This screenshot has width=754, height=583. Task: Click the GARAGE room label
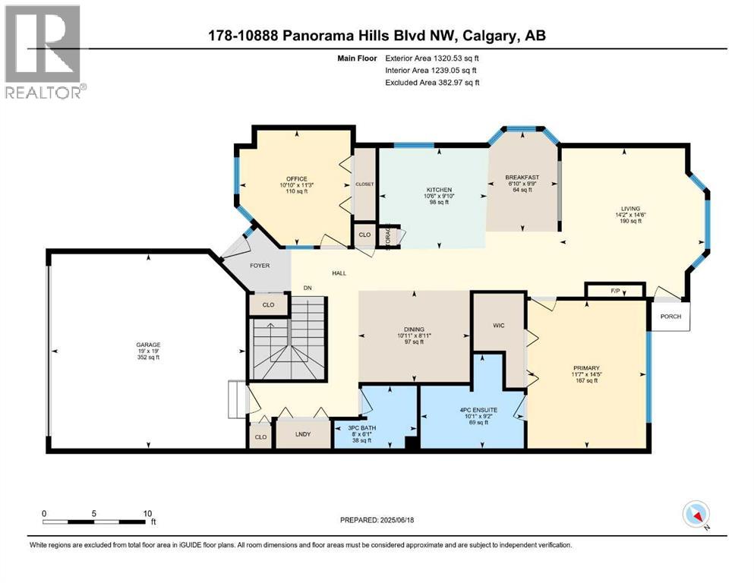click(x=148, y=345)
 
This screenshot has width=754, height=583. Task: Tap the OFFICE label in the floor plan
click(x=297, y=179)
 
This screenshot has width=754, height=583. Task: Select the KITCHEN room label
click(x=439, y=190)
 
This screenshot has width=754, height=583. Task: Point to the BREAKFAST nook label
click(x=522, y=178)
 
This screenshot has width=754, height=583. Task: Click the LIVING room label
click(x=630, y=209)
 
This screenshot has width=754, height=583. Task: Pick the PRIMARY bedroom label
click(x=586, y=368)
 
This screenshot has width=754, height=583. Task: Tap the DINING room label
click(x=414, y=329)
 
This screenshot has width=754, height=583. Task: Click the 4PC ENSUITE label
click(x=478, y=410)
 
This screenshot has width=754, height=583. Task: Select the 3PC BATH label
click(x=362, y=427)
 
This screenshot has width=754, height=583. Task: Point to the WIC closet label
click(x=499, y=326)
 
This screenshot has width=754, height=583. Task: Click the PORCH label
click(x=670, y=317)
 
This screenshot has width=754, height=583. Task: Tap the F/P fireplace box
click(x=614, y=291)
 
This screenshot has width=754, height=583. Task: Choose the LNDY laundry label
click(x=303, y=434)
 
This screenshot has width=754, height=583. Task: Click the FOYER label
click(x=260, y=265)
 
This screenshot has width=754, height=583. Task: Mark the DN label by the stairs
click(x=308, y=288)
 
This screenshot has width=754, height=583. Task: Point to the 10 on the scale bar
click(x=147, y=513)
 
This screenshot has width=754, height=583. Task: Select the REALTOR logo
click(x=46, y=52)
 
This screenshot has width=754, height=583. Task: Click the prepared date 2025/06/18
click(x=396, y=520)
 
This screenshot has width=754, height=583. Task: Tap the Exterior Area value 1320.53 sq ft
click(x=456, y=58)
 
